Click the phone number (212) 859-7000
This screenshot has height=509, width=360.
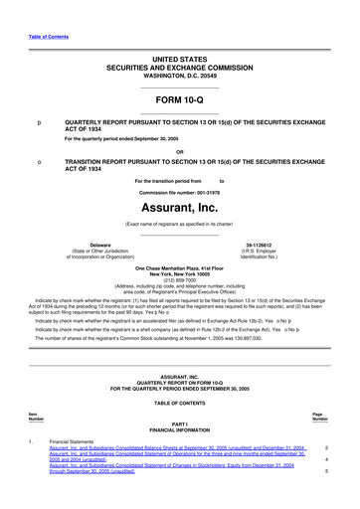coord(180,278)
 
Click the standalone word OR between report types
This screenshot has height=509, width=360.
coord(179,152)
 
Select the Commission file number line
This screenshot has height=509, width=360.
coord(179,191)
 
